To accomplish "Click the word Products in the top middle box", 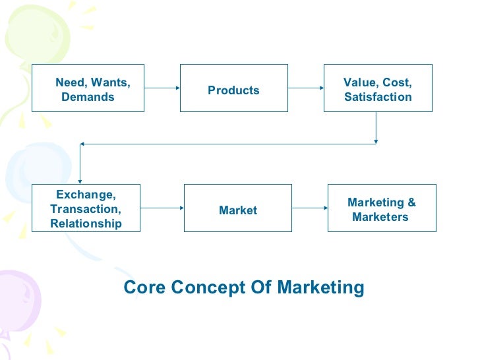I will [x=233, y=90].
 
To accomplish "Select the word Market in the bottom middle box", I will [x=238, y=210].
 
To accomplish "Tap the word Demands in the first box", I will [x=87, y=98].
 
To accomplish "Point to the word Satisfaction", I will [x=378, y=97].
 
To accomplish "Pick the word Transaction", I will [x=86, y=209].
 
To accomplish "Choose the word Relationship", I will [x=86, y=224].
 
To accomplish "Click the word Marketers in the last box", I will [x=380, y=217].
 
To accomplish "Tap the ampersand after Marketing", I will [x=411, y=203].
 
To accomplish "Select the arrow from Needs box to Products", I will [x=162, y=88].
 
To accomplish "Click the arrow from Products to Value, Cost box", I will [x=305, y=88].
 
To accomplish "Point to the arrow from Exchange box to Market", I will [x=162, y=208].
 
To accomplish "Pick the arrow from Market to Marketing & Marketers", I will [x=310, y=208].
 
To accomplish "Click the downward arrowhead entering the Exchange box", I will [x=80, y=180].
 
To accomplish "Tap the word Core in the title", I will [x=142, y=287].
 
